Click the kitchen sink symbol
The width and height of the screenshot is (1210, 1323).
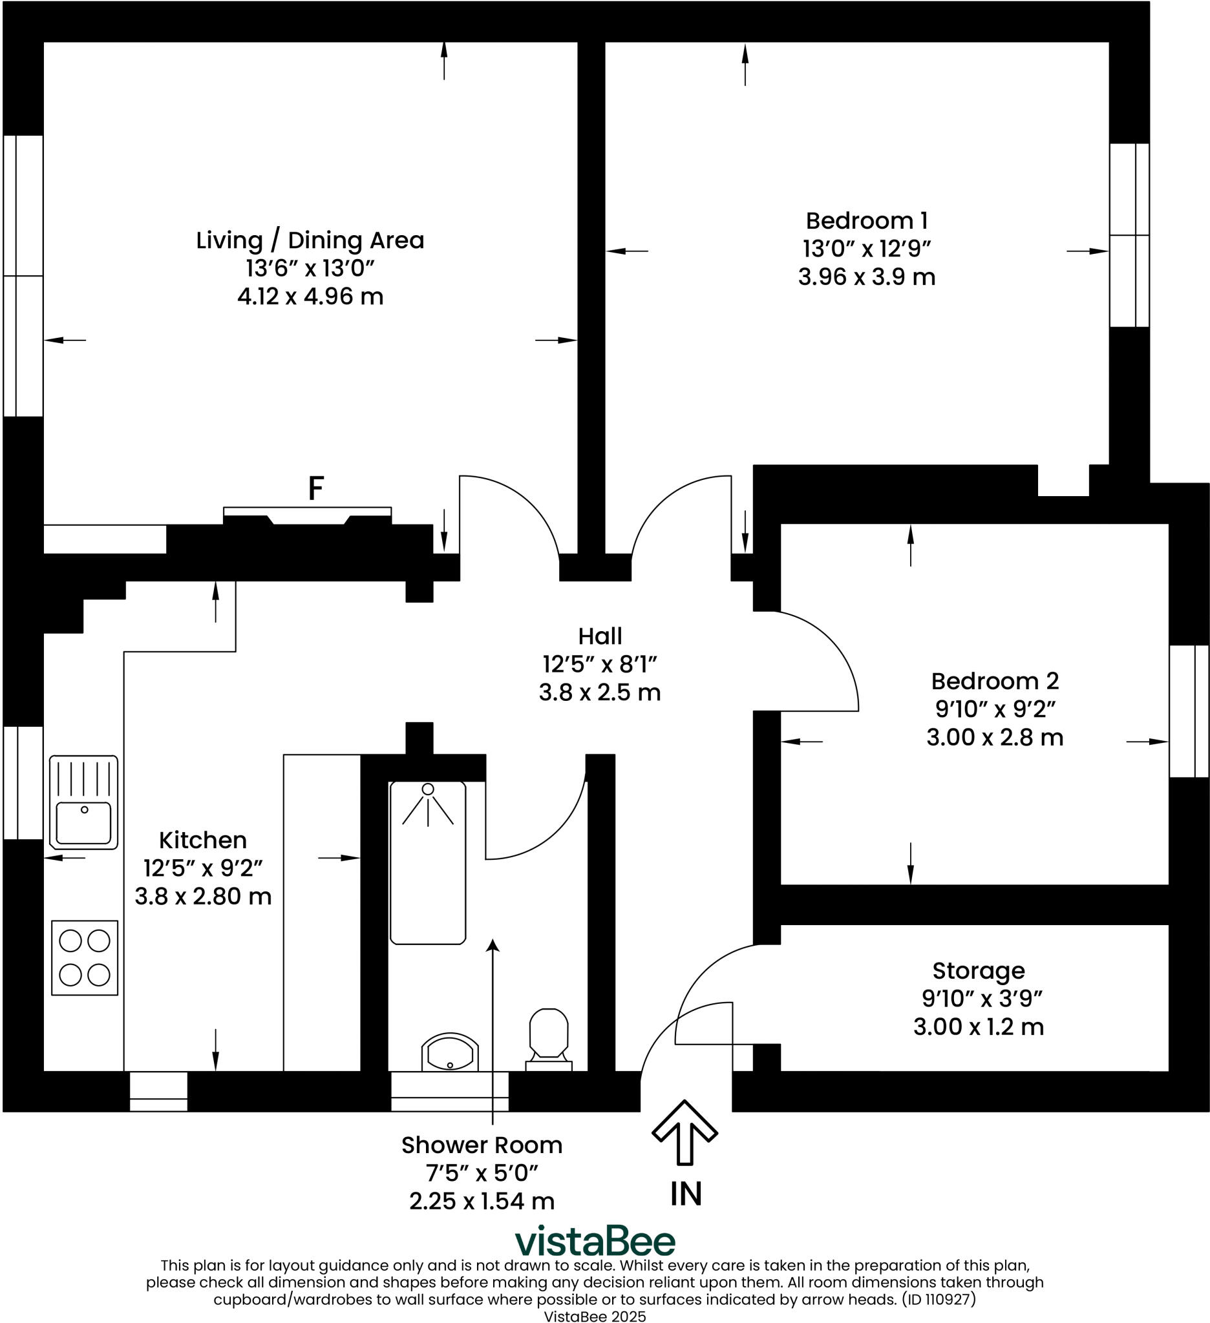coord(83,802)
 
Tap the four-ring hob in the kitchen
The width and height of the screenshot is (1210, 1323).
coord(84,957)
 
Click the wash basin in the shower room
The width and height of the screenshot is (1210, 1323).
coord(450,1053)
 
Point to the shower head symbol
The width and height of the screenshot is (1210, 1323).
coord(428,789)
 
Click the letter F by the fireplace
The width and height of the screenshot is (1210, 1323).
coord(316,489)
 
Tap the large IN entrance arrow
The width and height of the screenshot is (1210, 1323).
coord(684,1132)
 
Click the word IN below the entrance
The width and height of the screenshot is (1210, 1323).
coord(686,1194)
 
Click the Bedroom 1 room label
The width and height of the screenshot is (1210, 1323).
coord(866,220)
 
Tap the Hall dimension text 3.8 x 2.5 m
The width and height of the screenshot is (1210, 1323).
coord(599,693)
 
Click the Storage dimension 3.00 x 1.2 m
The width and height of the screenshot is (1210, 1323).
coord(978,1026)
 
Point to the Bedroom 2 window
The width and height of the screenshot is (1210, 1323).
coord(1188,711)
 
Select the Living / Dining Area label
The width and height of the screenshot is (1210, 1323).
coord(310,240)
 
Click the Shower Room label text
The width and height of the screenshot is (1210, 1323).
coord(482,1145)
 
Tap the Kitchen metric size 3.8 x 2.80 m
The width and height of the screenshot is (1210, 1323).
coord(203,897)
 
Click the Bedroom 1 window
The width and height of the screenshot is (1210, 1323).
coord(1129,235)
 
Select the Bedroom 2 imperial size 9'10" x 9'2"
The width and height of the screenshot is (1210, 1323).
coord(995,709)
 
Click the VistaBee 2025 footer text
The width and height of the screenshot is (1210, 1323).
coord(595,1315)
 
